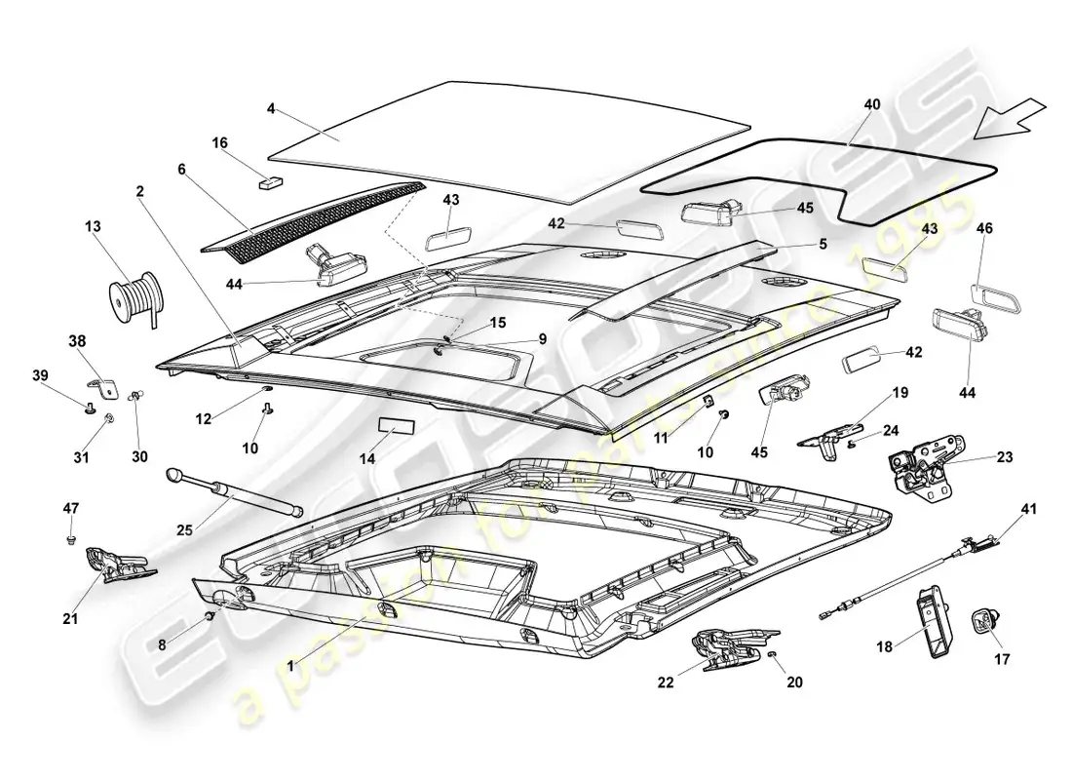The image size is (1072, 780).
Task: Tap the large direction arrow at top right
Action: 1014,123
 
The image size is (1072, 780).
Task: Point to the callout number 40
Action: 871,103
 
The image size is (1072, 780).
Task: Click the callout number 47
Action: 71,508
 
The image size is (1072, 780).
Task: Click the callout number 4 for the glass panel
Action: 271,110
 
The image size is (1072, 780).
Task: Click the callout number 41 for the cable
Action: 1029,509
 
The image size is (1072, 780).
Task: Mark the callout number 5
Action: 823,244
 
